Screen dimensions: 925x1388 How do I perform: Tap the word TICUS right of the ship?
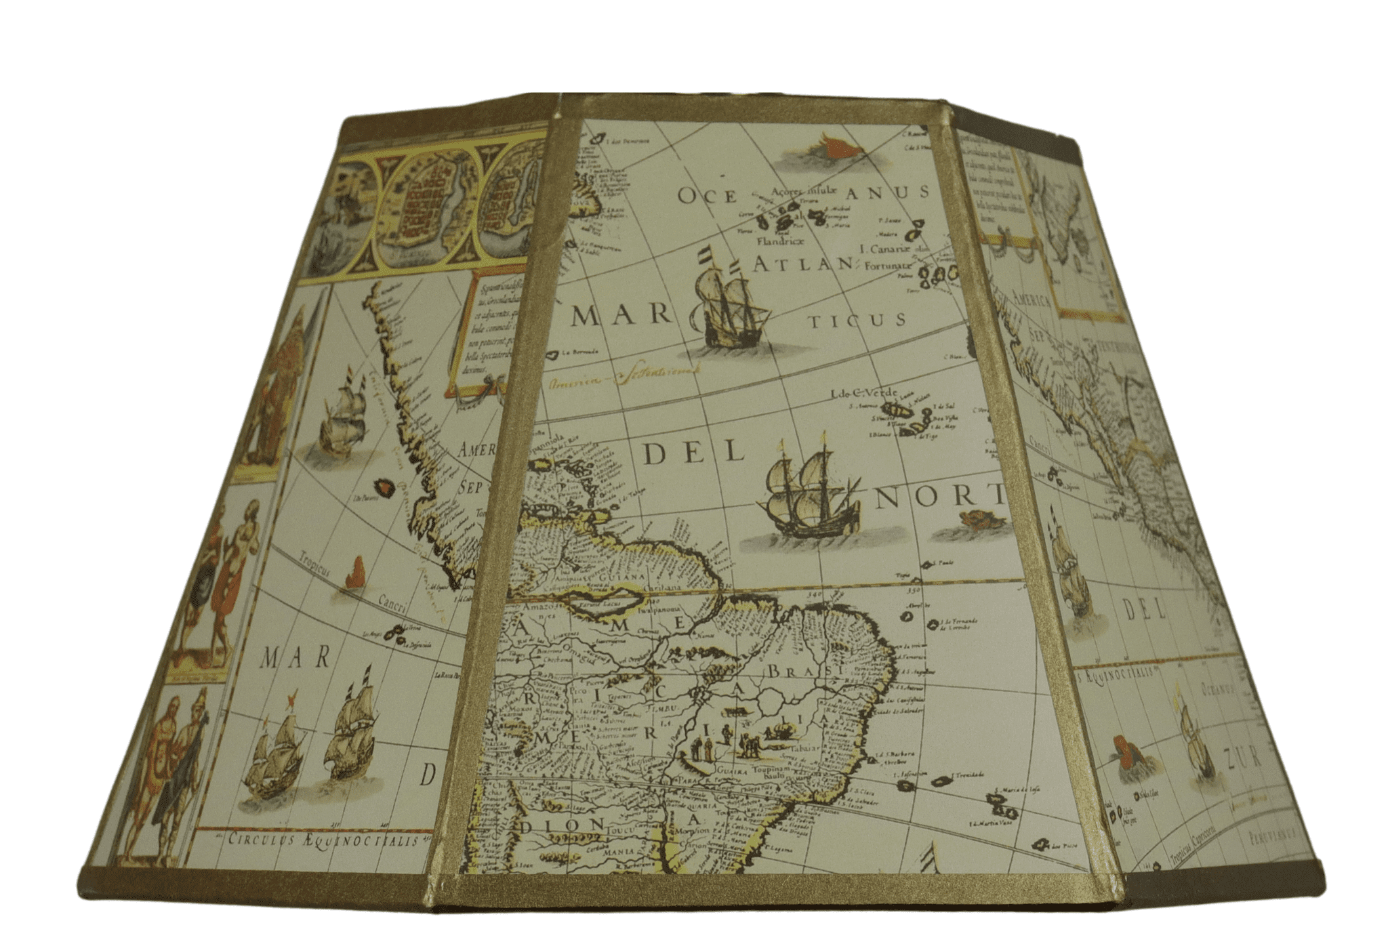[x=857, y=321]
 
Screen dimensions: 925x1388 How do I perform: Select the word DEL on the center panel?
[x=693, y=452]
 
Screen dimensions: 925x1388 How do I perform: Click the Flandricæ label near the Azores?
[x=780, y=241]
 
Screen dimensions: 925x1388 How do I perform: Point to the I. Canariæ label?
[x=884, y=249]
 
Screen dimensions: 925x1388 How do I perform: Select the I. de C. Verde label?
[x=863, y=394]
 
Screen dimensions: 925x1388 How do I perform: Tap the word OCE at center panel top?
[x=708, y=197]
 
